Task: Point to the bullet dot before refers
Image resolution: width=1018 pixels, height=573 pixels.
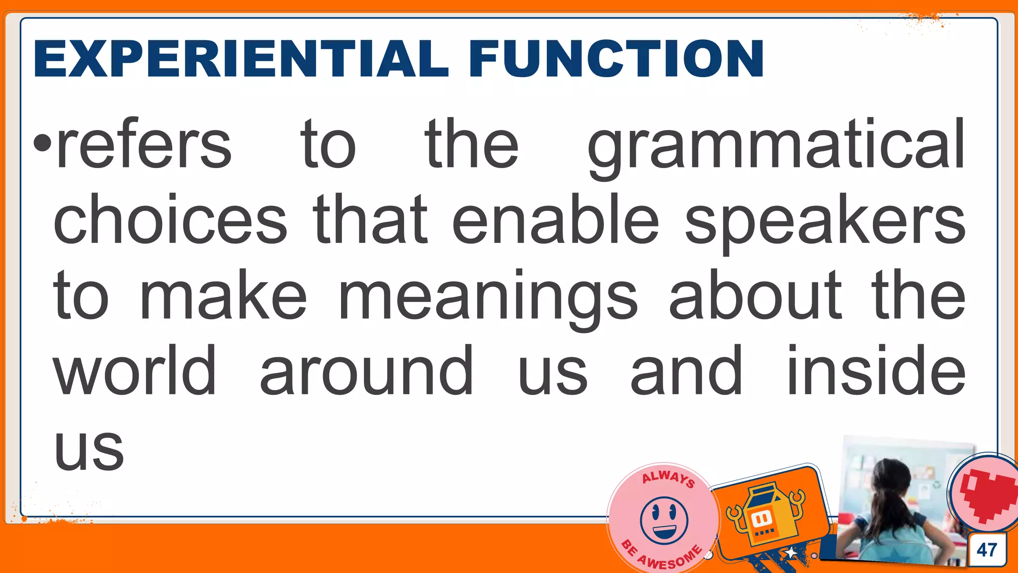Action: coord(43,144)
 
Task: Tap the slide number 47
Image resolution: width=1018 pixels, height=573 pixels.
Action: coord(987,550)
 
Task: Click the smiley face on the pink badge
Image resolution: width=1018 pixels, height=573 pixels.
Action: coord(664,520)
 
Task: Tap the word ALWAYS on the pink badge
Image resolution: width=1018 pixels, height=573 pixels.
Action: coord(668,478)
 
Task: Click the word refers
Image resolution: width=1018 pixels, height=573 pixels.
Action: coord(144,145)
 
